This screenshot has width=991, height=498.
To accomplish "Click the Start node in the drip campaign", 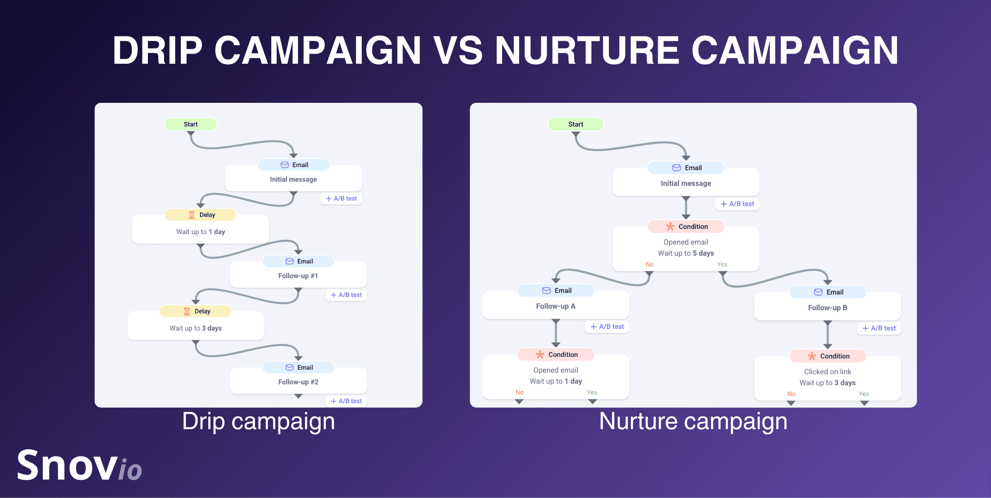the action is (190, 124).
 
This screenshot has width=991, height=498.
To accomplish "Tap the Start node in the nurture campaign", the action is (576, 124).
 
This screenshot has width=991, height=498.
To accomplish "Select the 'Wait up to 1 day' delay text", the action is (201, 232).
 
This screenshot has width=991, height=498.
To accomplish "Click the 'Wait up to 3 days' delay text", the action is (196, 328).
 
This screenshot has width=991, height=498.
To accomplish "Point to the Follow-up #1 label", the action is (298, 276).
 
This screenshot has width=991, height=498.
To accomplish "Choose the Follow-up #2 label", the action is (298, 382).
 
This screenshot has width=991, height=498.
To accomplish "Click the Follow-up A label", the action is (556, 306).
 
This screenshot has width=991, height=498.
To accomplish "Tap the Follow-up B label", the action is (827, 308).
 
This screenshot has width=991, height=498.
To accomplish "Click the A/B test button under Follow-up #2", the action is (346, 401).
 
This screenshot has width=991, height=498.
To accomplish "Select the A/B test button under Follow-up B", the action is (879, 328).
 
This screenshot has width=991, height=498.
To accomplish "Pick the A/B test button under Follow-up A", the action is (607, 326).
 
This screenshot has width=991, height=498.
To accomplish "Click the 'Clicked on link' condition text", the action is (827, 372).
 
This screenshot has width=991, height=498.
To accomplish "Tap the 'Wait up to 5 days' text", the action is (686, 253).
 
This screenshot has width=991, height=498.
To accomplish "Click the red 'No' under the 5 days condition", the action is (650, 264).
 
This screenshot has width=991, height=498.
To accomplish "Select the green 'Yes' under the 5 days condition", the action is (722, 264).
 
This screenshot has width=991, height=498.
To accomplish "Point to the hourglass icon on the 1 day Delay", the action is (192, 215).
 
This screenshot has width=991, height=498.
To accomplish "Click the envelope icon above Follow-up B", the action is (818, 292).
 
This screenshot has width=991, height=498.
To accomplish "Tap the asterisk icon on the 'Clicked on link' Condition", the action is (812, 356).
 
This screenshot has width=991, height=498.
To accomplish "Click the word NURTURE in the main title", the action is (587, 50).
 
